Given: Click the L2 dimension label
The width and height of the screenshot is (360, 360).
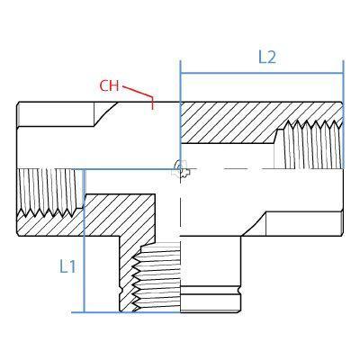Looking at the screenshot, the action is point(267,57).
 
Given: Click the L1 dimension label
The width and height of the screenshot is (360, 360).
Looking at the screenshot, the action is point(67,266).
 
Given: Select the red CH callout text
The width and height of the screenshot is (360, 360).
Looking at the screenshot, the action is point(109,86).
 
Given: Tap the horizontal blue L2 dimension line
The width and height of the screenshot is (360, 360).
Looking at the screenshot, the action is point(262,73).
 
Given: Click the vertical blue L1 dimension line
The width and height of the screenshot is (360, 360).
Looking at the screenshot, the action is point(85,241).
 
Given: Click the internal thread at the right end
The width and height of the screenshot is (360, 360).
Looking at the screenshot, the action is point(309,144).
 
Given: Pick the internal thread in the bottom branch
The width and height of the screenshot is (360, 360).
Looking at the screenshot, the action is point(157,277).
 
